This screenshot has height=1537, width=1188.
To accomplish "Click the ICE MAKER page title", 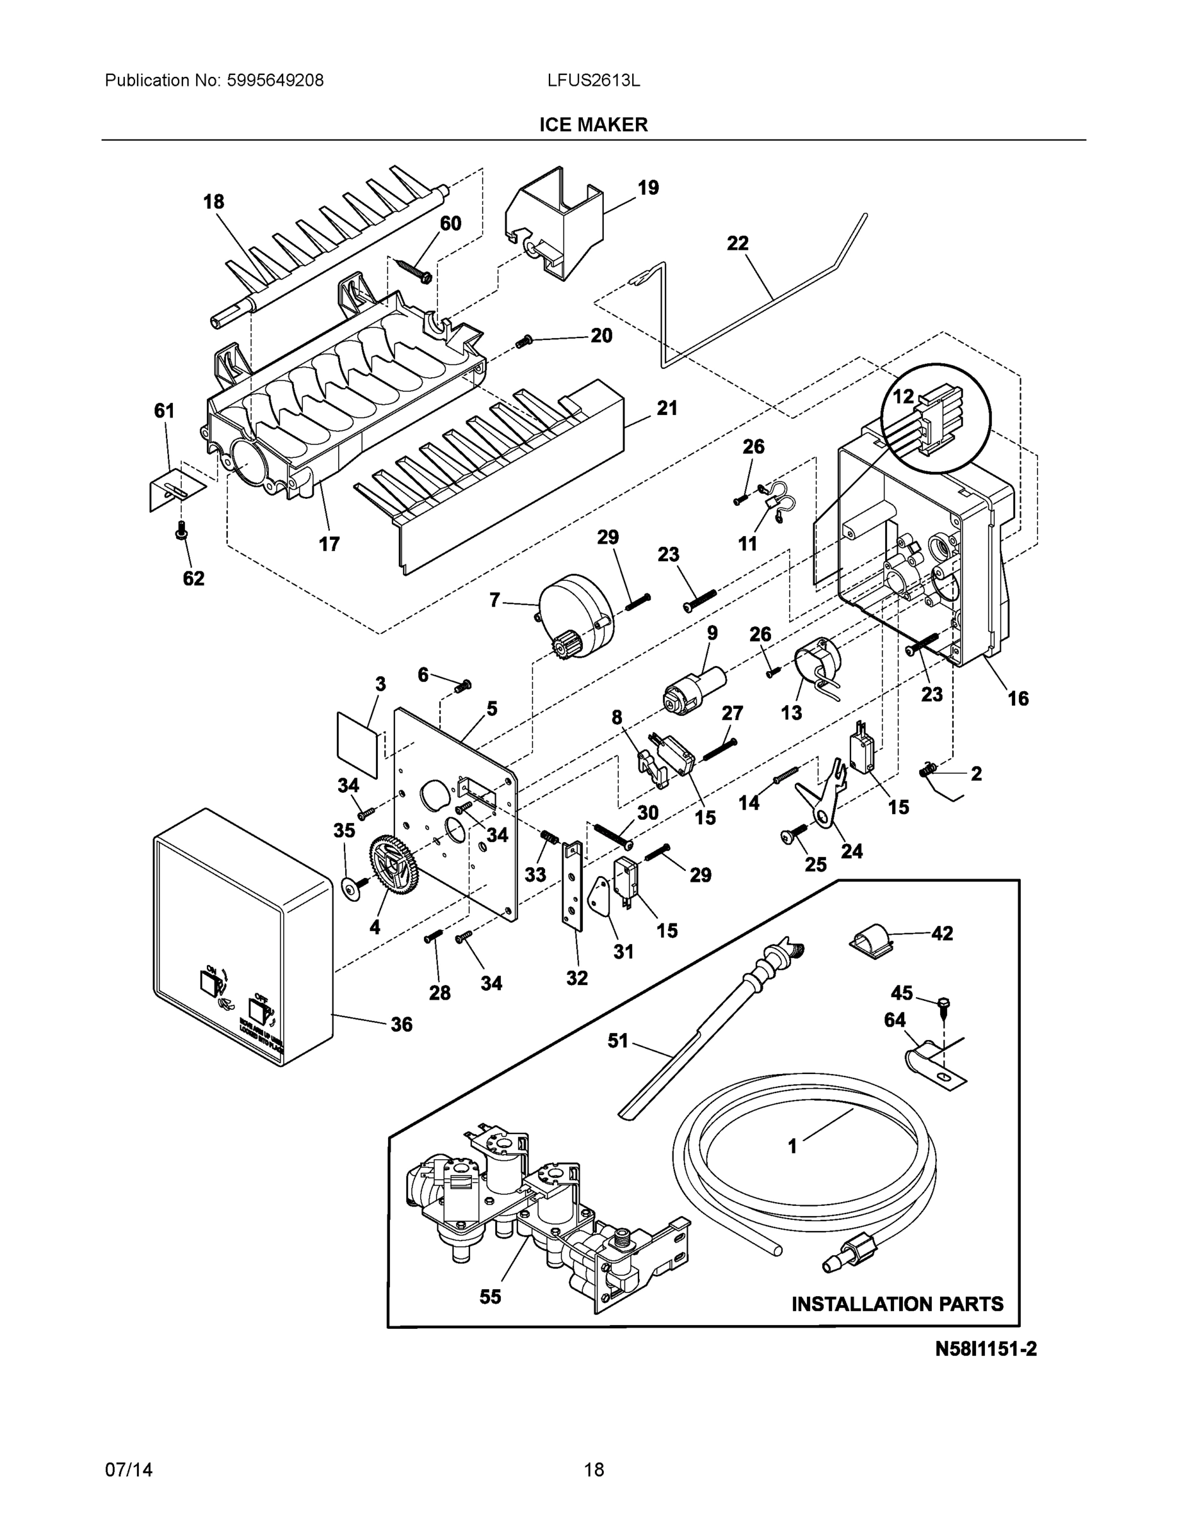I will point(593,125).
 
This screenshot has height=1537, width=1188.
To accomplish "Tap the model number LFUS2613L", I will point(593,81).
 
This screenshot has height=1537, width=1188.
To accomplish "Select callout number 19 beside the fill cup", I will point(647,188).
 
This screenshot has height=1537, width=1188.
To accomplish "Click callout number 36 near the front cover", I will point(401,1025).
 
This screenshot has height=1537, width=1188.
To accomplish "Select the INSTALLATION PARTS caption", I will point(897,1304).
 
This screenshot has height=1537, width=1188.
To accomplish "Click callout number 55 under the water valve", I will point(490,1296).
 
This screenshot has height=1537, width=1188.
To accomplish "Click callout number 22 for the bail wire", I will point(738,243).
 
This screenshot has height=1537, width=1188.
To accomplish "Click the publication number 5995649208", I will point(275,81).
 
